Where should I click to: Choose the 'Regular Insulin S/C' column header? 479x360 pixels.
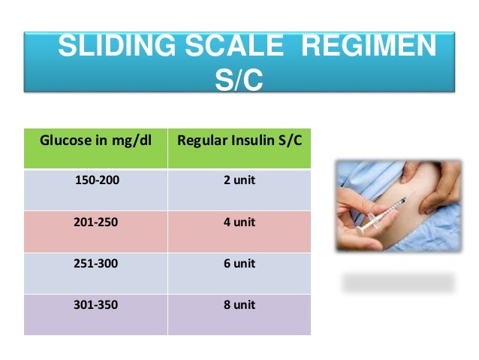coord(239,140)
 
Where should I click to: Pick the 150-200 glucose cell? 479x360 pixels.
coord(96,180)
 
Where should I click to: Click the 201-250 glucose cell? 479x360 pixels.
coord(96,222)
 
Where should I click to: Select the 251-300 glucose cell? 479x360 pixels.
coord(96,264)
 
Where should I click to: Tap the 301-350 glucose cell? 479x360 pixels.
coord(96,305)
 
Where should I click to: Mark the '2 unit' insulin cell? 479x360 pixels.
coord(239,180)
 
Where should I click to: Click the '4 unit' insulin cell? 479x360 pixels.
coord(239,222)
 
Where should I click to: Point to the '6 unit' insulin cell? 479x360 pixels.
coord(239,264)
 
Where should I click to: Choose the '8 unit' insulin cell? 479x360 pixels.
coord(239,305)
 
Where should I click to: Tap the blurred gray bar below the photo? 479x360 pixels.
coord(399,283)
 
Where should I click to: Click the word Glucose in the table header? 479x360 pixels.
coord(63,140)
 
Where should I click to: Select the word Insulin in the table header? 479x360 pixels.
coord(241,140)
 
